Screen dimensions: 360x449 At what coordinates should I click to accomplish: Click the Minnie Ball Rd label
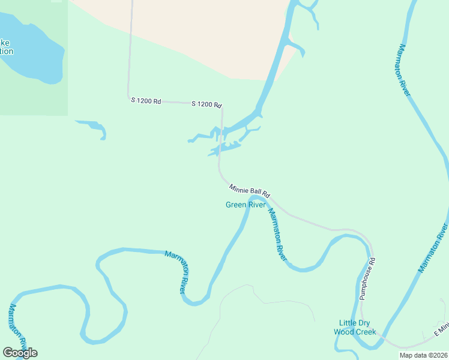click(x=250, y=191)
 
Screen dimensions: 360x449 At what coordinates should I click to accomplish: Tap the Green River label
click(x=245, y=205)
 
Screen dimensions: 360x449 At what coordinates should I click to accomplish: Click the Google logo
click(x=20, y=353)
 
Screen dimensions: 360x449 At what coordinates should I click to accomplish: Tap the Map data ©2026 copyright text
click(x=423, y=355)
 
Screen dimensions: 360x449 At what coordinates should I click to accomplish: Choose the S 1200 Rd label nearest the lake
click(x=146, y=101)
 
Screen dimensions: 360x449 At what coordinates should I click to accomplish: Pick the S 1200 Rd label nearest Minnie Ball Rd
click(x=206, y=104)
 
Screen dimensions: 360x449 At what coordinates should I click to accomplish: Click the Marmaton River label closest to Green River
click(x=277, y=234)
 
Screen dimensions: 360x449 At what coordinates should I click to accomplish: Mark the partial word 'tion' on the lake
click(x=6, y=51)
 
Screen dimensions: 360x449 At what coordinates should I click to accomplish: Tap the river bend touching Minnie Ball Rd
click(x=257, y=197)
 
